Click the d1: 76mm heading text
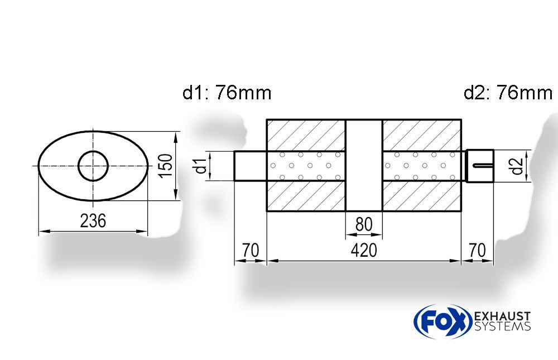pos(227,93)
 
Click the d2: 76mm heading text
pos(508,93)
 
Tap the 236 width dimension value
pos(93,221)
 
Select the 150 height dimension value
pos(166,166)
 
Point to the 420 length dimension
pos(364,250)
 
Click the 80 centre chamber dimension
pos(364,224)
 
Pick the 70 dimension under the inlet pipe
pos(251,250)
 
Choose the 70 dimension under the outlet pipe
pos(477,250)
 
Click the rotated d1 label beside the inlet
pos(201,166)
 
